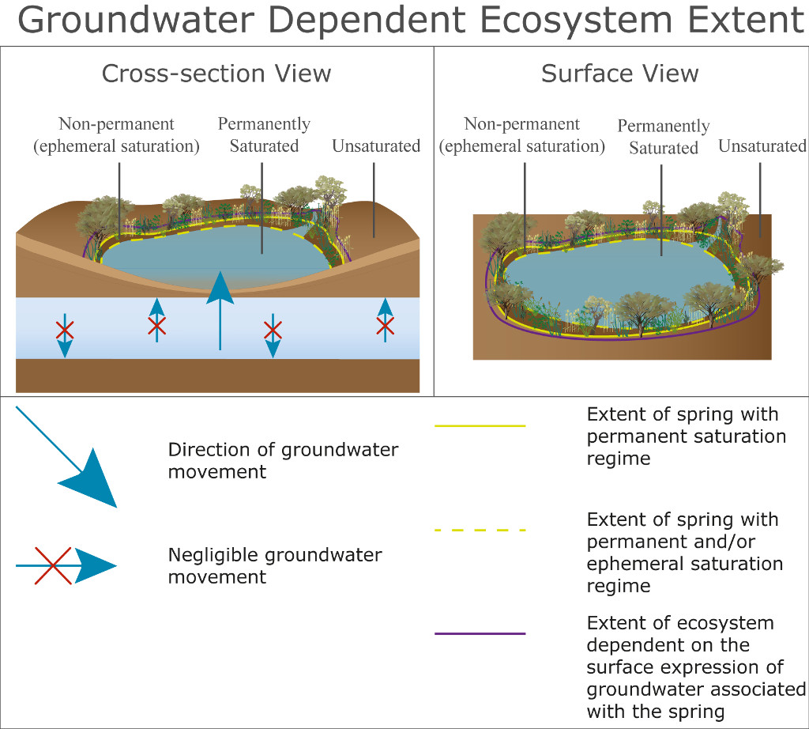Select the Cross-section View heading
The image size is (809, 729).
click(216, 74)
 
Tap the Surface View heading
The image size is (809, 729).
click(619, 74)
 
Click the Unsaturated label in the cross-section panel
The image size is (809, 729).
click(376, 146)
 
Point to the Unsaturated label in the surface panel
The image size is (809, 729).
click(762, 146)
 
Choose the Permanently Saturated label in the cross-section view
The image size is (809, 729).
click(264, 134)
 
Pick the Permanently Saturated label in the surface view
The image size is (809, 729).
click(664, 137)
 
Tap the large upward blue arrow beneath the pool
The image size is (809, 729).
click(220, 308)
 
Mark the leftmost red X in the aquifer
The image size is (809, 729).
click(65, 329)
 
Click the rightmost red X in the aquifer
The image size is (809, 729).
click(385, 324)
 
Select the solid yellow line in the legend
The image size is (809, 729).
click(480, 425)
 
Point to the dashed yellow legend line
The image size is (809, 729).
click(480, 530)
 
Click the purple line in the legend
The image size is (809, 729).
click(480, 633)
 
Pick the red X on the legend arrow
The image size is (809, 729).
click(53, 565)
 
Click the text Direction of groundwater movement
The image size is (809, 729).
click(283, 461)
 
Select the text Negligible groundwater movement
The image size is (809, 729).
click(274, 565)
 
